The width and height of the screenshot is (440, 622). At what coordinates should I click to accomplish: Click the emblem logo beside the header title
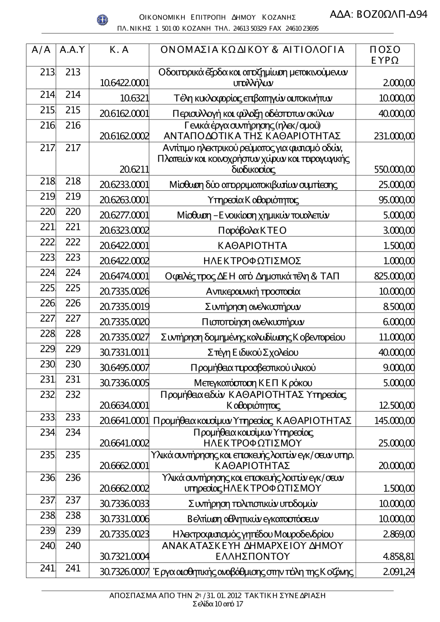103,20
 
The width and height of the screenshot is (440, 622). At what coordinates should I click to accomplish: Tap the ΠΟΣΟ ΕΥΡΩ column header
385,55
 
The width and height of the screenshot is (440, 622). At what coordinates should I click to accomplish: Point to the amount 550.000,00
394,170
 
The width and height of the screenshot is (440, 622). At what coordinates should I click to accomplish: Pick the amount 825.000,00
394,276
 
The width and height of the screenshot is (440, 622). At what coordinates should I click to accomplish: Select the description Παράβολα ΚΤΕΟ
252,231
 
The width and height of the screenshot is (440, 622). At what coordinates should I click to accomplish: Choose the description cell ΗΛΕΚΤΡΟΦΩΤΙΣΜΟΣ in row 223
252,261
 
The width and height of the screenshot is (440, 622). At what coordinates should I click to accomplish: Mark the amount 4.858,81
399,557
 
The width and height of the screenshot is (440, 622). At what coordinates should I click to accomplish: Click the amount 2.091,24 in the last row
399,572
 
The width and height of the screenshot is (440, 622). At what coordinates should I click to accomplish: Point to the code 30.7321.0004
125,557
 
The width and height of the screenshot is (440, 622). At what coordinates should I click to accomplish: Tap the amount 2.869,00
399,535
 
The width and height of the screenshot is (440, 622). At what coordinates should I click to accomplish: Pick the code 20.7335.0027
125,338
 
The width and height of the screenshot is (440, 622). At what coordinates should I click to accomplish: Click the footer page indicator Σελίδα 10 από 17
218,604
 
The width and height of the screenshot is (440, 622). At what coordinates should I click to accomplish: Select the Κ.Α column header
119,50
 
